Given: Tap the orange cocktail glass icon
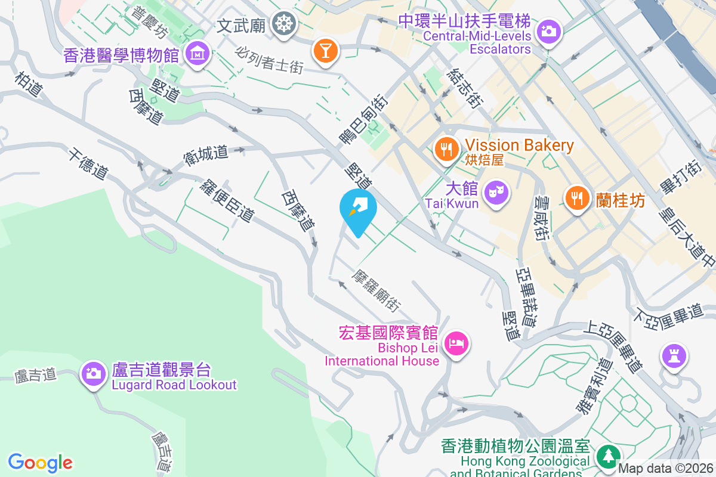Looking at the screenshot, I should [326, 50].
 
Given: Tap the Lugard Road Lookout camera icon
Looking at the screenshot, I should [94, 374].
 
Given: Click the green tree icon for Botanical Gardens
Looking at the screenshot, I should [608, 457].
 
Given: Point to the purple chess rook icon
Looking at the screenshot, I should [674, 357].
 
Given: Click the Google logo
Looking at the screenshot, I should [41, 463].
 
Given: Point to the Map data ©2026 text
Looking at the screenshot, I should [666, 469].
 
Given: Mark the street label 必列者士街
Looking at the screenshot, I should [270, 60].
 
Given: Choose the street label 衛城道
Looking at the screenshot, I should [206, 156].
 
